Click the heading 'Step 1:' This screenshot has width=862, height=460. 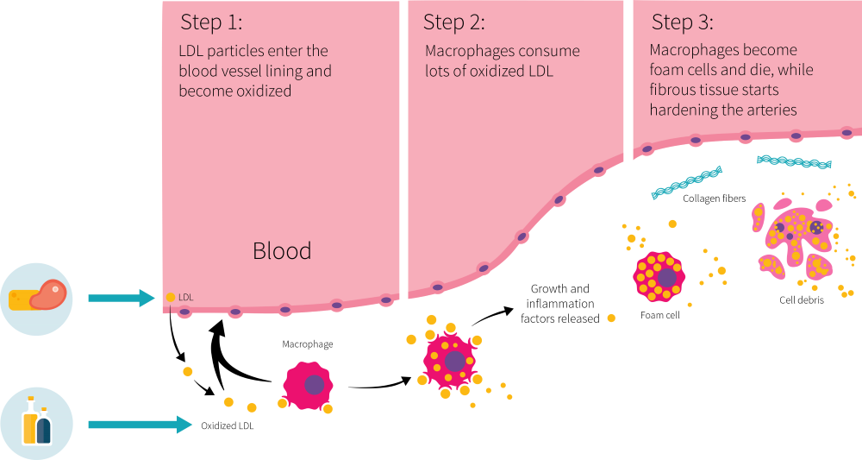pos(213,22)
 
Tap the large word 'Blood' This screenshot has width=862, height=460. pos(282,251)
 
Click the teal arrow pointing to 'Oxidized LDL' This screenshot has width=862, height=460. pos(138,425)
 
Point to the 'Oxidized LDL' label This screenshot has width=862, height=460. pos(228,425)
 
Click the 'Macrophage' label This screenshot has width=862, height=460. pos(308,344)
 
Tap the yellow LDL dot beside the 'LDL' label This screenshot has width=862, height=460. pos(171,298)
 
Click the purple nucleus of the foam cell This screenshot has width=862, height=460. pos(666,277)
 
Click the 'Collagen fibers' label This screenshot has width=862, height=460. pos(714,198)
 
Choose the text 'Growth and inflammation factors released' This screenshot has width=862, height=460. pos(560,304)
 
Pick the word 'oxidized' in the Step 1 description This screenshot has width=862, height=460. pos(265,91)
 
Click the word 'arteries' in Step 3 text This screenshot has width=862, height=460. pos(771,110)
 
